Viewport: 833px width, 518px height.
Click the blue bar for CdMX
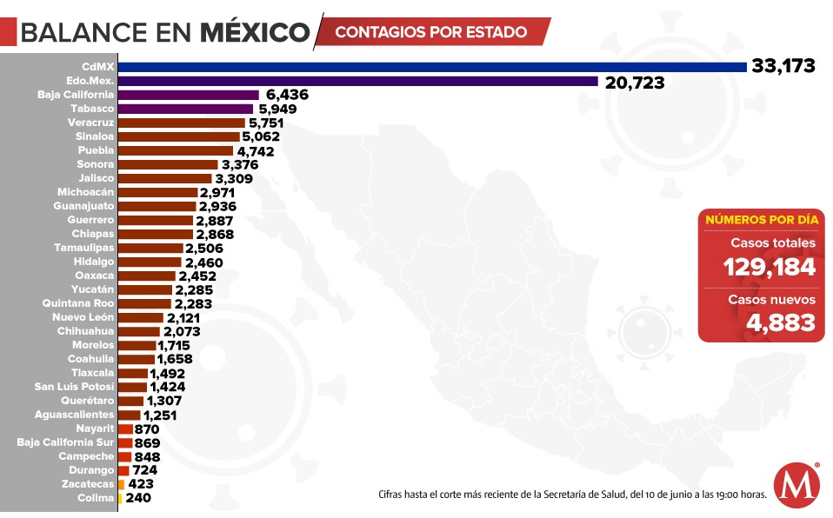click(432, 67)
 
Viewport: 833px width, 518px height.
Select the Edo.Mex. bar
click(357, 81)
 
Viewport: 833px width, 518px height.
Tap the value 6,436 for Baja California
click(288, 95)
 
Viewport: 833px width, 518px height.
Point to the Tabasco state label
click(92, 109)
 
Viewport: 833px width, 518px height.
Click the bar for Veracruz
click(182, 123)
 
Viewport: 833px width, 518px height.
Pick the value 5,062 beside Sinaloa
click(264, 136)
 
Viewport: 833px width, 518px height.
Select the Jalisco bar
click(164, 178)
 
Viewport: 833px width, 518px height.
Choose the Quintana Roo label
click(78, 303)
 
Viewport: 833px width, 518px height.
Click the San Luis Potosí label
click(74, 387)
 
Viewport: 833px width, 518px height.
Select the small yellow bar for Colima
click(120, 498)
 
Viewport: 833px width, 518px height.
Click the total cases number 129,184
click(770, 267)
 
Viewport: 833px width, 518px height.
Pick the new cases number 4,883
click(780, 322)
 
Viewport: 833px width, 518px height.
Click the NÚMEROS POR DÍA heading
click(761, 220)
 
